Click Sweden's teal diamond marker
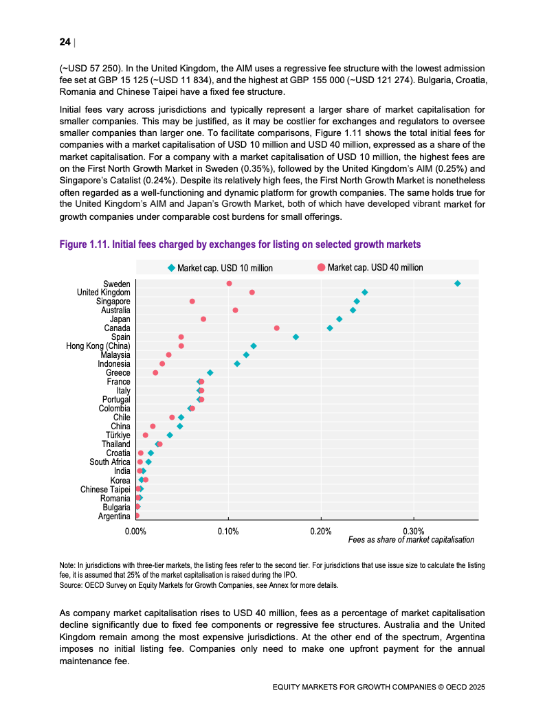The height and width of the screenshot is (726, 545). click(x=458, y=284)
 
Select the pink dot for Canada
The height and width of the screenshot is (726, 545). click(x=277, y=328)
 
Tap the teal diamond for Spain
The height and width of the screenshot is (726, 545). click(x=296, y=337)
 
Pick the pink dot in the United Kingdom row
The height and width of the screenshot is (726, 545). click(x=252, y=292)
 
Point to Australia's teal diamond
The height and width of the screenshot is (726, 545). click(x=353, y=310)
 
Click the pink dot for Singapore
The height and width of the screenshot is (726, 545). click(x=192, y=302)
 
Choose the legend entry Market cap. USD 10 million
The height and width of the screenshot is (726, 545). click(x=220, y=268)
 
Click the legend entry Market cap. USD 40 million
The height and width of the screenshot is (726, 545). click(x=370, y=267)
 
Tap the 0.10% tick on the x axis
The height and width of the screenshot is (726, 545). click(x=228, y=531)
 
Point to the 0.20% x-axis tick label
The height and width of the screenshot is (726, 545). click(x=321, y=531)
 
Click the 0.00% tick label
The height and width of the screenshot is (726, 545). click(x=136, y=531)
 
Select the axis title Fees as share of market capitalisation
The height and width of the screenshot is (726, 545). click(x=412, y=539)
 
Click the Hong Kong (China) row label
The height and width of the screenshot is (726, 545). click(x=98, y=346)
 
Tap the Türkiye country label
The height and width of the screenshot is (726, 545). click(x=118, y=435)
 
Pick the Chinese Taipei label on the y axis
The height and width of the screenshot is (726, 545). click(x=106, y=490)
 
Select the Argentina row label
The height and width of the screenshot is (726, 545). click(x=115, y=517)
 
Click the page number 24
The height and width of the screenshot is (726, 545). click(x=65, y=42)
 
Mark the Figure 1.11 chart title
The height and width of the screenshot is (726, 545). click(x=240, y=244)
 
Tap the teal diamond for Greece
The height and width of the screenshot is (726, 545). click(x=210, y=373)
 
